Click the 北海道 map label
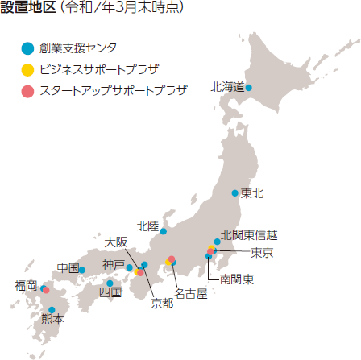[227, 87]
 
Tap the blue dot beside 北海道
[249, 87]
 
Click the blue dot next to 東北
[234, 193]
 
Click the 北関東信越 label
[249, 235]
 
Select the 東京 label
[261, 253]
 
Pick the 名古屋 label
[191, 294]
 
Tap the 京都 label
[162, 304]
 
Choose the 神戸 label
[114, 265]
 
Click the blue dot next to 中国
[82, 269]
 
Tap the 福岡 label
[26, 286]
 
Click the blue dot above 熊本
[52, 309]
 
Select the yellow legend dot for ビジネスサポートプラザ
[28, 69]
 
